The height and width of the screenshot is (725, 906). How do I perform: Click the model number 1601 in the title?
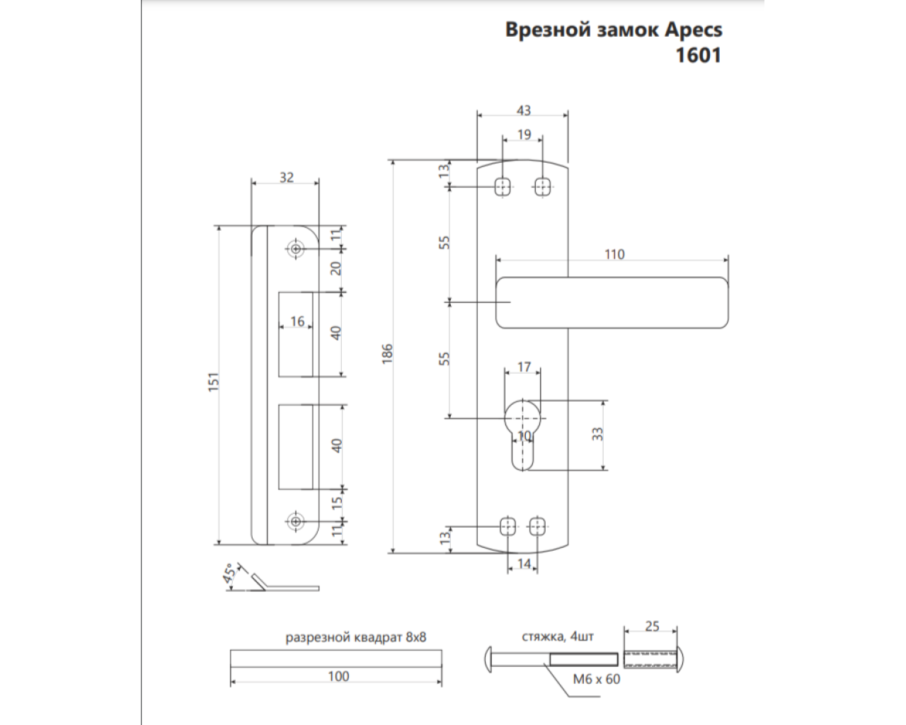tap(698, 55)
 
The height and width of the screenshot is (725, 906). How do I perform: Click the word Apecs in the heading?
tap(693, 30)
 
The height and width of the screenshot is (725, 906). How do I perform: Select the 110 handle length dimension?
tap(614, 254)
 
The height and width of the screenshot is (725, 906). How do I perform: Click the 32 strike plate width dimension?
tap(286, 177)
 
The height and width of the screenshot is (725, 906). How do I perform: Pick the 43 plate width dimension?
tap(523, 110)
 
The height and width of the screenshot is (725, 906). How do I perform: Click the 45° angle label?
tap(230, 575)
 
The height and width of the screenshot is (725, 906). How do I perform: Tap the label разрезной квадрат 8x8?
tap(355, 637)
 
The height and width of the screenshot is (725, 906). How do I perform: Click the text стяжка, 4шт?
tap(558, 636)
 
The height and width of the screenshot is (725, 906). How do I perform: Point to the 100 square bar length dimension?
tap(338, 676)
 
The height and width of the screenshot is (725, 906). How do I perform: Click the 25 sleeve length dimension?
tap(652, 627)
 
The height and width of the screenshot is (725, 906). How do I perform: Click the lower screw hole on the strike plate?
tap(295, 521)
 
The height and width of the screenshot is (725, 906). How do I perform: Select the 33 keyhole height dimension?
tap(598, 433)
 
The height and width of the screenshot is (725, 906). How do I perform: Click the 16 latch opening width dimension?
tap(297, 321)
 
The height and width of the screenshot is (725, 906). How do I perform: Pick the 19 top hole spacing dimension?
tap(523, 134)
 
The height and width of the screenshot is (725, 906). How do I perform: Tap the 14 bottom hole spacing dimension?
tap(524, 564)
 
